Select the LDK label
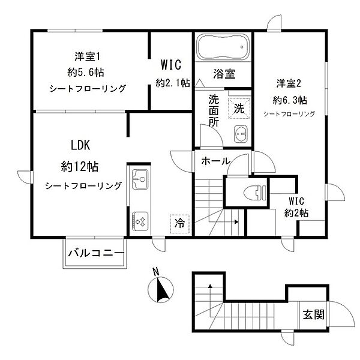pyautogui.click(x=80, y=145)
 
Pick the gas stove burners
pyautogui.click(x=140, y=221)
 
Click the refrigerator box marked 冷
pyautogui.click(x=179, y=223)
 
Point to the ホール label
pyautogui.click(x=213, y=161)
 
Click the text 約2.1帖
pyautogui.click(x=173, y=83)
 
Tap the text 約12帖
pyautogui.click(x=82, y=166)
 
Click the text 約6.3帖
pyautogui.click(x=290, y=99)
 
